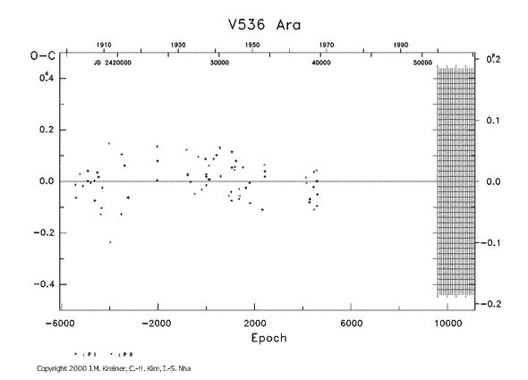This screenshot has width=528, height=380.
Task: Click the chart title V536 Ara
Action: tap(262, 22)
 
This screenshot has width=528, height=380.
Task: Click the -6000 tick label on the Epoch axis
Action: tap(59, 324)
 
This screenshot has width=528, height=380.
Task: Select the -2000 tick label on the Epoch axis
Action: tap(157, 324)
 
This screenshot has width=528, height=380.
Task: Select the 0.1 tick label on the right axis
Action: tap(490, 120)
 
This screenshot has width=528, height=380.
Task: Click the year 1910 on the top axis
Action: tap(104, 45)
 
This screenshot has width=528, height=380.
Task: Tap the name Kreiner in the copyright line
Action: tap(110, 367)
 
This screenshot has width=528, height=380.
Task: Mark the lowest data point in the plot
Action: tap(110, 242)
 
